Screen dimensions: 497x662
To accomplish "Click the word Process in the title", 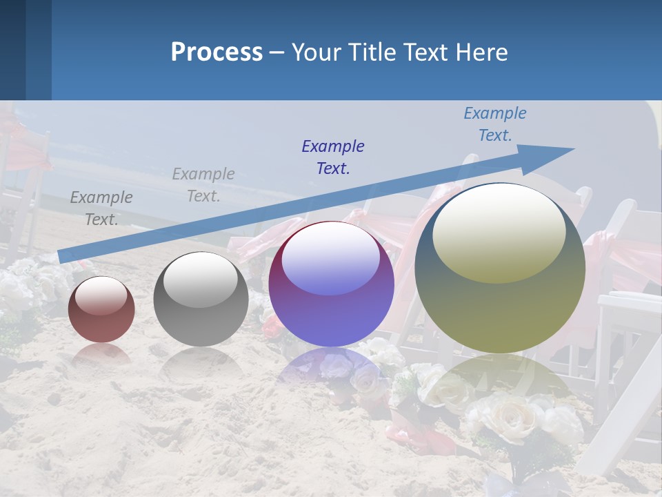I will pos(217,52).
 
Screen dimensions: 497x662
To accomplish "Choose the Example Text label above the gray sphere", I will pos(203,185).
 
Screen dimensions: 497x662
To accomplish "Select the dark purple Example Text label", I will pos(333,157).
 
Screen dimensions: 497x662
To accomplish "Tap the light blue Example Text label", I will pos(494,124).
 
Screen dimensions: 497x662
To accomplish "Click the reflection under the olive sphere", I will pos(500,383).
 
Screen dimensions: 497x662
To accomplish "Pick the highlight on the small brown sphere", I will pos(101,295).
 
